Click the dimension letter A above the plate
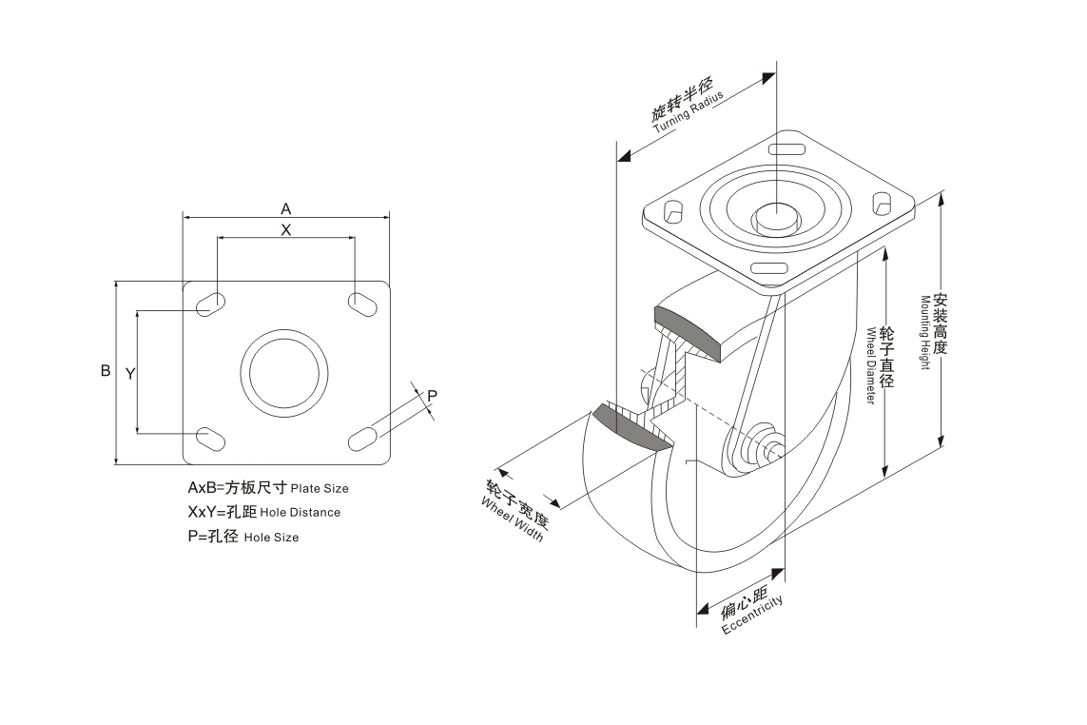pos(285,206)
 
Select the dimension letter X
pos(285,229)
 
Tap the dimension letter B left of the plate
pos(106,371)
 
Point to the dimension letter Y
pos(129,374)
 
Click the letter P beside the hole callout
pos(432,395)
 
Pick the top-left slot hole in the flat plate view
pos(211,304)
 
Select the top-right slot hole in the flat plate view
pos(361,304)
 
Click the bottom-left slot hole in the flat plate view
pos(211,438)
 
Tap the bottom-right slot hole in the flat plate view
pos(361,438)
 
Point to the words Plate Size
pos(320,489)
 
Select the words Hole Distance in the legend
pos(300,513)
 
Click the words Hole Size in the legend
pos(271,538)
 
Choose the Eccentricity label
pos(751,618)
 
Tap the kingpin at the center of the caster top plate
pos(774,217)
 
